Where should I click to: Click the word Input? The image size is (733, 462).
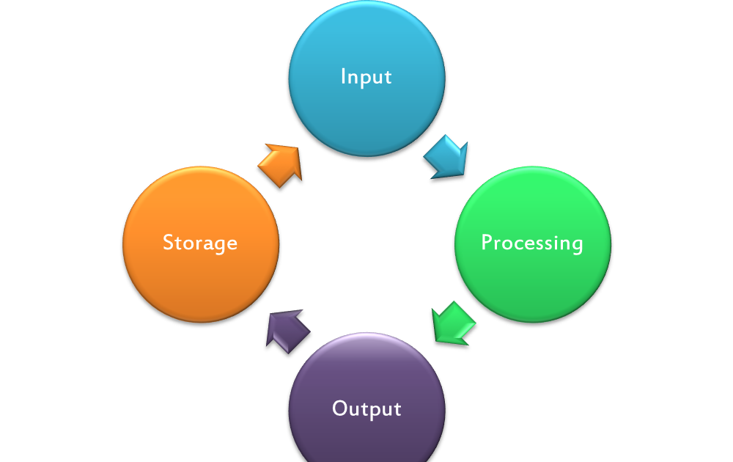[x=366, y=77]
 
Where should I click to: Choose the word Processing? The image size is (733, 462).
[x=532, y=243]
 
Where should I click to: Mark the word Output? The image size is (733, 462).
[x=366, y=408]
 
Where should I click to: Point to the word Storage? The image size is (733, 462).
[x=200, y=243]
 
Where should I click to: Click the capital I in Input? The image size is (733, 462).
[x=344, y=76]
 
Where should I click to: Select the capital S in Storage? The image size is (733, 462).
[x=168, y=243]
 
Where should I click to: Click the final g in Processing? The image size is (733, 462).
[x=577, y=246]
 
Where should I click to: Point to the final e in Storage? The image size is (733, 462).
[x=232, y=244]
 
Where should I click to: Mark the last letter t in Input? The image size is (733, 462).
[x=388, y=77]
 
